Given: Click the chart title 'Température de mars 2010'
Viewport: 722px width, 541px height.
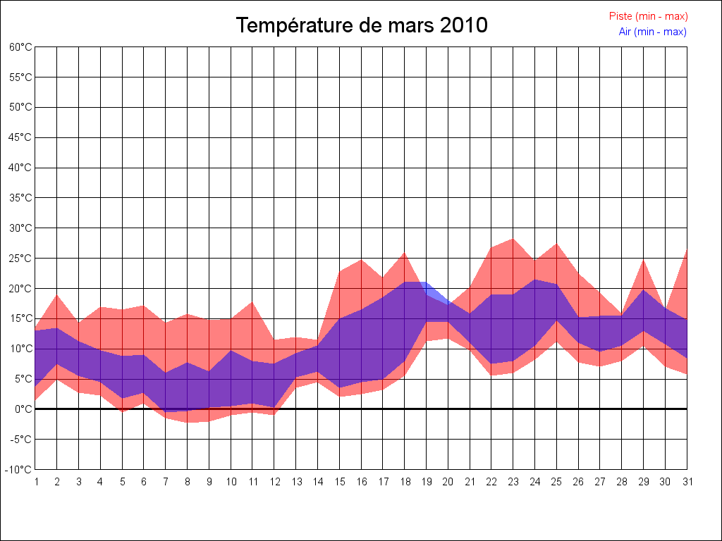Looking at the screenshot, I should (x=361, y=25).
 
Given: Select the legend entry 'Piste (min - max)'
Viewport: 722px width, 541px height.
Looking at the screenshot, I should (x=648, y=16).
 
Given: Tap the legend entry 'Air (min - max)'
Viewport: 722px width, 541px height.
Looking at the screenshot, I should (x=652, y=32).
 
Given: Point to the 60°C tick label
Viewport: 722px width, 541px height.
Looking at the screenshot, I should (x=21, y=47).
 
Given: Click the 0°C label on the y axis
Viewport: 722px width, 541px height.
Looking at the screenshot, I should (x=24, y=409).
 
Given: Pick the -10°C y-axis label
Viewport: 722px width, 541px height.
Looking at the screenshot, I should (x=20, y=470).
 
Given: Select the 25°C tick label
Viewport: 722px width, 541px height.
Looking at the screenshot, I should (x=21, y=259).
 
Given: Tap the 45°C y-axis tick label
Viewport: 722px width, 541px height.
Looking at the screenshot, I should (x=21, y=137).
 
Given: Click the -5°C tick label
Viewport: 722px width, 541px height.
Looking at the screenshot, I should (x=21, y=440).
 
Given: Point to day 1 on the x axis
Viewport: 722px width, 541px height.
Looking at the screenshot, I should (x=35, y=482).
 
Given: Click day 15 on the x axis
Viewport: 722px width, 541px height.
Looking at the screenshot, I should (x=339, y=482).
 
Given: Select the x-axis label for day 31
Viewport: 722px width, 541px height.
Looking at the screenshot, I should (x=687, y=482).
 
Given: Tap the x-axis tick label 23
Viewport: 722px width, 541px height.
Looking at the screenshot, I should (x=513, y=482).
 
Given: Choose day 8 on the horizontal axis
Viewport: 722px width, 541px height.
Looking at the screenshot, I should (x=188, y=482).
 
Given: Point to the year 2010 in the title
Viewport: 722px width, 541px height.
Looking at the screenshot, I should (x=463, y=25).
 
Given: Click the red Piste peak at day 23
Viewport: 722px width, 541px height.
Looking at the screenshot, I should (x=513, y=239).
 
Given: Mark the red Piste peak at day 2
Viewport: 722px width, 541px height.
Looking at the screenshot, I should (x=57, y=294).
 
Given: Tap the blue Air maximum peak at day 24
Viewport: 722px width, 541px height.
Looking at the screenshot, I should (x=535, y=280).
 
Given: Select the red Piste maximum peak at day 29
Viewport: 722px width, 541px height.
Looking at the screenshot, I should (x=643, y=260).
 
